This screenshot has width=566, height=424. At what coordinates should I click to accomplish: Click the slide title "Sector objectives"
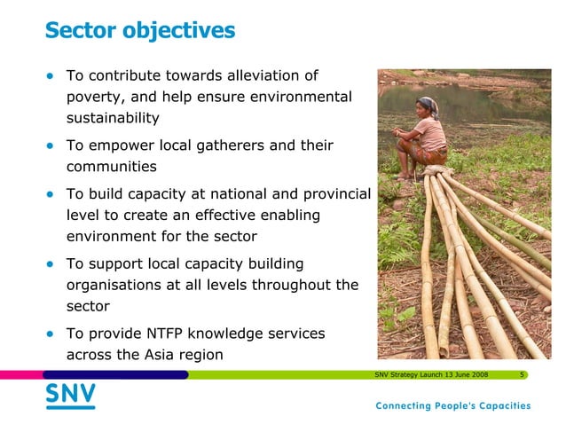[x=139, y=31]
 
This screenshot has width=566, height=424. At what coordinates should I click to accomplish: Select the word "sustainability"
[x=113, y=118]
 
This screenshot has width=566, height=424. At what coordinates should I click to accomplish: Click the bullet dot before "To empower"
[x=51, y=145]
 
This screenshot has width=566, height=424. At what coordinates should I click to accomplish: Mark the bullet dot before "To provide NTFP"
[x=51, y=334]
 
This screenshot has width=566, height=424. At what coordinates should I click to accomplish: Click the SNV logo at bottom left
[x=70, y=396]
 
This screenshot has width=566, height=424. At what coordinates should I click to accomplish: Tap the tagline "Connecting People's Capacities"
[x=452, y=406]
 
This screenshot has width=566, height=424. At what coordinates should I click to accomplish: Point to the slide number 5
[x=523, y=375]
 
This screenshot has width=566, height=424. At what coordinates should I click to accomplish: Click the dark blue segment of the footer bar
[x=115, y=375]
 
